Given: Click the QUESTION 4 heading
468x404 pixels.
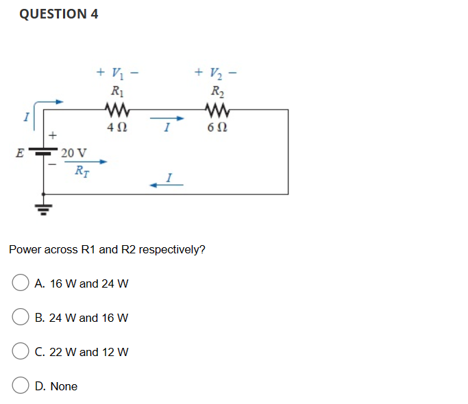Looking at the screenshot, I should pos(59,14).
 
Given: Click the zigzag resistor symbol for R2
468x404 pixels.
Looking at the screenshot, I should pos(218,108).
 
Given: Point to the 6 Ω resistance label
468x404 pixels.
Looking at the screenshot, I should pos(218,127).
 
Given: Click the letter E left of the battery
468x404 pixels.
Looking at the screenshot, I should pos(22,153).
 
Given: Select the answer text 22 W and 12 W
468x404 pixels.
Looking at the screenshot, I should pos(88,352).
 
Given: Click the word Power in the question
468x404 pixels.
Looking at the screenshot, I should pos(25,249).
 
